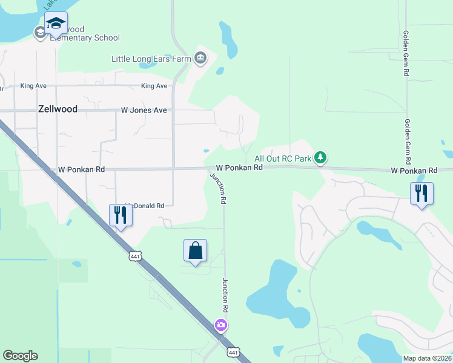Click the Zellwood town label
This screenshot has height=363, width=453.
click(53, 110)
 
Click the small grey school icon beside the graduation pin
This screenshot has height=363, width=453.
click(41, 32)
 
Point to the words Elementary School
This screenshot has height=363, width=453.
click(85, 38)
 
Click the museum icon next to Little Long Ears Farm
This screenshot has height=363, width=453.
click(200, 59)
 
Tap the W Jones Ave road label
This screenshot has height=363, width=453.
click(144, 111)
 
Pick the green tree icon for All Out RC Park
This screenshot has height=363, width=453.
click(320, 158)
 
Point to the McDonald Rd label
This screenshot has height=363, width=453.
click(145, 206)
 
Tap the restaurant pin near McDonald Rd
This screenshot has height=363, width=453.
click(121, 215)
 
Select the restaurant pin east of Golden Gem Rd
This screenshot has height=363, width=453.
click(422, 194)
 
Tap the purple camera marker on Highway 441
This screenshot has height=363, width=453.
click(221, 325)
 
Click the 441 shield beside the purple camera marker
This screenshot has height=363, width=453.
click(234, 352)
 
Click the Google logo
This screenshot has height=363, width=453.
click(20, 356)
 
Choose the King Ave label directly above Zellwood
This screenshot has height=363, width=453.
click(33, 86)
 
